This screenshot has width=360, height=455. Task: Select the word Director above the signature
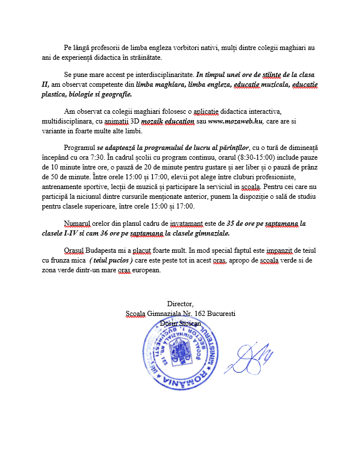(180, 303)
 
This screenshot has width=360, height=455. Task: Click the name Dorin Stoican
(180, 323)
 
